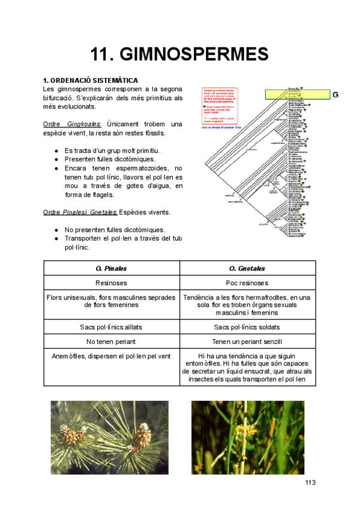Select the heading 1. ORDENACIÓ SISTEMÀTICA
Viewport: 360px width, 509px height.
pos(91,80)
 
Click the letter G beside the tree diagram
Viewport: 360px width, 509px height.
pos(335,95)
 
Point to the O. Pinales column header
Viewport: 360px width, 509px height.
pos(112,268)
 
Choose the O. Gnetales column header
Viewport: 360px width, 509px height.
pos(247,268)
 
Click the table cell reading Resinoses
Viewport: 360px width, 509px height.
pos(112,283)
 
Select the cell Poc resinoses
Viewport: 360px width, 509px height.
pos(247,283)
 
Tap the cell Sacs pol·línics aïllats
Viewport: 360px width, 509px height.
pos(112,327)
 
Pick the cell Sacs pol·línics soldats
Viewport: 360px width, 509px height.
pos(247,327)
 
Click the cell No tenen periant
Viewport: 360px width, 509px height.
pos(112,342)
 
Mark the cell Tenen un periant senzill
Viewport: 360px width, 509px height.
pos(247,342)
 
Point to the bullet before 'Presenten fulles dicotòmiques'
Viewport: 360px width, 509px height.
pos(56,160)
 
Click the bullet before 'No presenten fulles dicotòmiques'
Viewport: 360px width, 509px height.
pos(56,230)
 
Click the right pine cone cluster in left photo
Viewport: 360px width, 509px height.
pos(141,436)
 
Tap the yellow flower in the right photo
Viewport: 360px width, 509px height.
pos(238,430)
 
